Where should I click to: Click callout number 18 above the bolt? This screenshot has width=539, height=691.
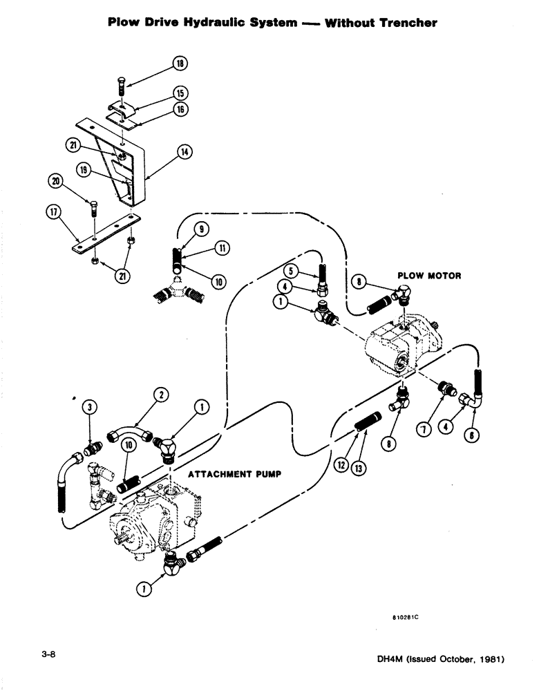pos(180,64)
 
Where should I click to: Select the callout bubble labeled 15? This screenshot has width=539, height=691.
pos(180,93)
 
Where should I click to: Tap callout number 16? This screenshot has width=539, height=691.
pos(180,108)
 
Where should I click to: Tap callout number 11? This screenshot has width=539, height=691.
pos(223,247)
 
